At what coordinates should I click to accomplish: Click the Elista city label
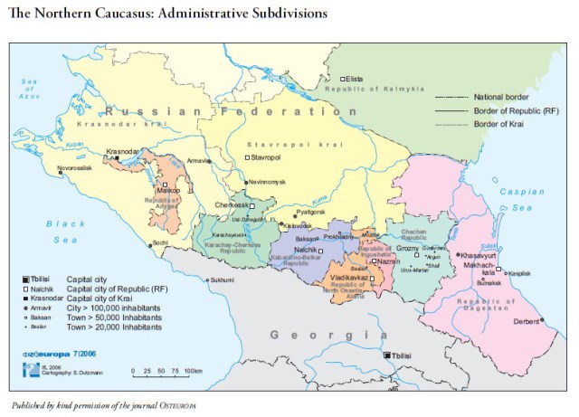pos(356,79)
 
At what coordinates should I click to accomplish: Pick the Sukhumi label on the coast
pos(223,280)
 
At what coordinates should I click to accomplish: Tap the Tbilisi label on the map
pos(404,356)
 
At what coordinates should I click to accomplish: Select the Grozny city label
pos(407,247)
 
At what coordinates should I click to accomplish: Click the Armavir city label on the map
pos(199,160)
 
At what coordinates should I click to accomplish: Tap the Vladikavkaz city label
pos(348,277)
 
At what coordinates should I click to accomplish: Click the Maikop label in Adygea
pos(169,191)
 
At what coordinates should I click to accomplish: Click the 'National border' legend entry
pos(501,96)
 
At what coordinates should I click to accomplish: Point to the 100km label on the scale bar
pos(192,372)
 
